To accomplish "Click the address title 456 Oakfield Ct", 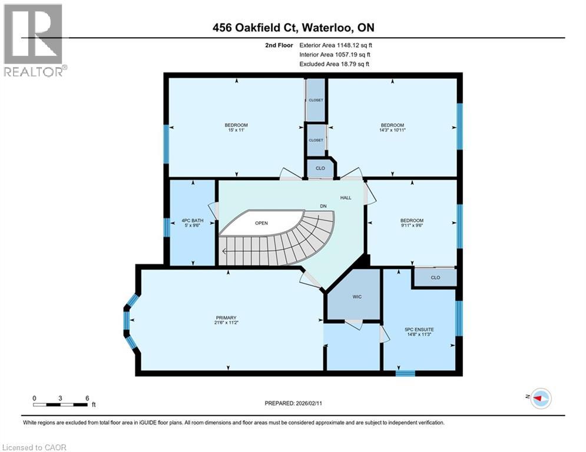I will tap(293, 28).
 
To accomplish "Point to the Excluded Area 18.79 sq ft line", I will tap(335, 64).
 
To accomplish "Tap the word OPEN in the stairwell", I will tap(261, 224).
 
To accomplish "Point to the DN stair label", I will tap(323, 206).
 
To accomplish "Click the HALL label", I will tap(345, 198).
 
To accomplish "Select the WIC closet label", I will tap(357, 297).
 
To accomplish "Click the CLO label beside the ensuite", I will tap(435, 277).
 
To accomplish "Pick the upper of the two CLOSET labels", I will tap(316, 100).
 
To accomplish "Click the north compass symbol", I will tap(540, 398).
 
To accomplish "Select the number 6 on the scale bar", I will tap(87, 398).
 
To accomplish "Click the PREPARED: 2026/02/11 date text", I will tap(293, 403).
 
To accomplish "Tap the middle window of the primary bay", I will tap(126, 320).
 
